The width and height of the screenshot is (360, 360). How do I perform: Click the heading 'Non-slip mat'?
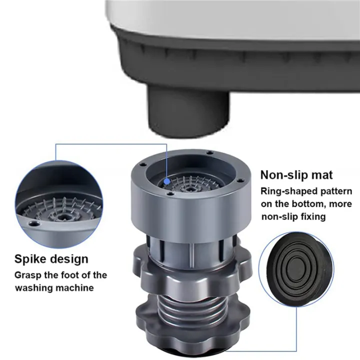tap(296, 175)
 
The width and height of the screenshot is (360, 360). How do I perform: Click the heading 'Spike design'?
tap(51, 259)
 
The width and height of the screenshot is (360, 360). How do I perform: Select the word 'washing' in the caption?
tap(34, 288)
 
